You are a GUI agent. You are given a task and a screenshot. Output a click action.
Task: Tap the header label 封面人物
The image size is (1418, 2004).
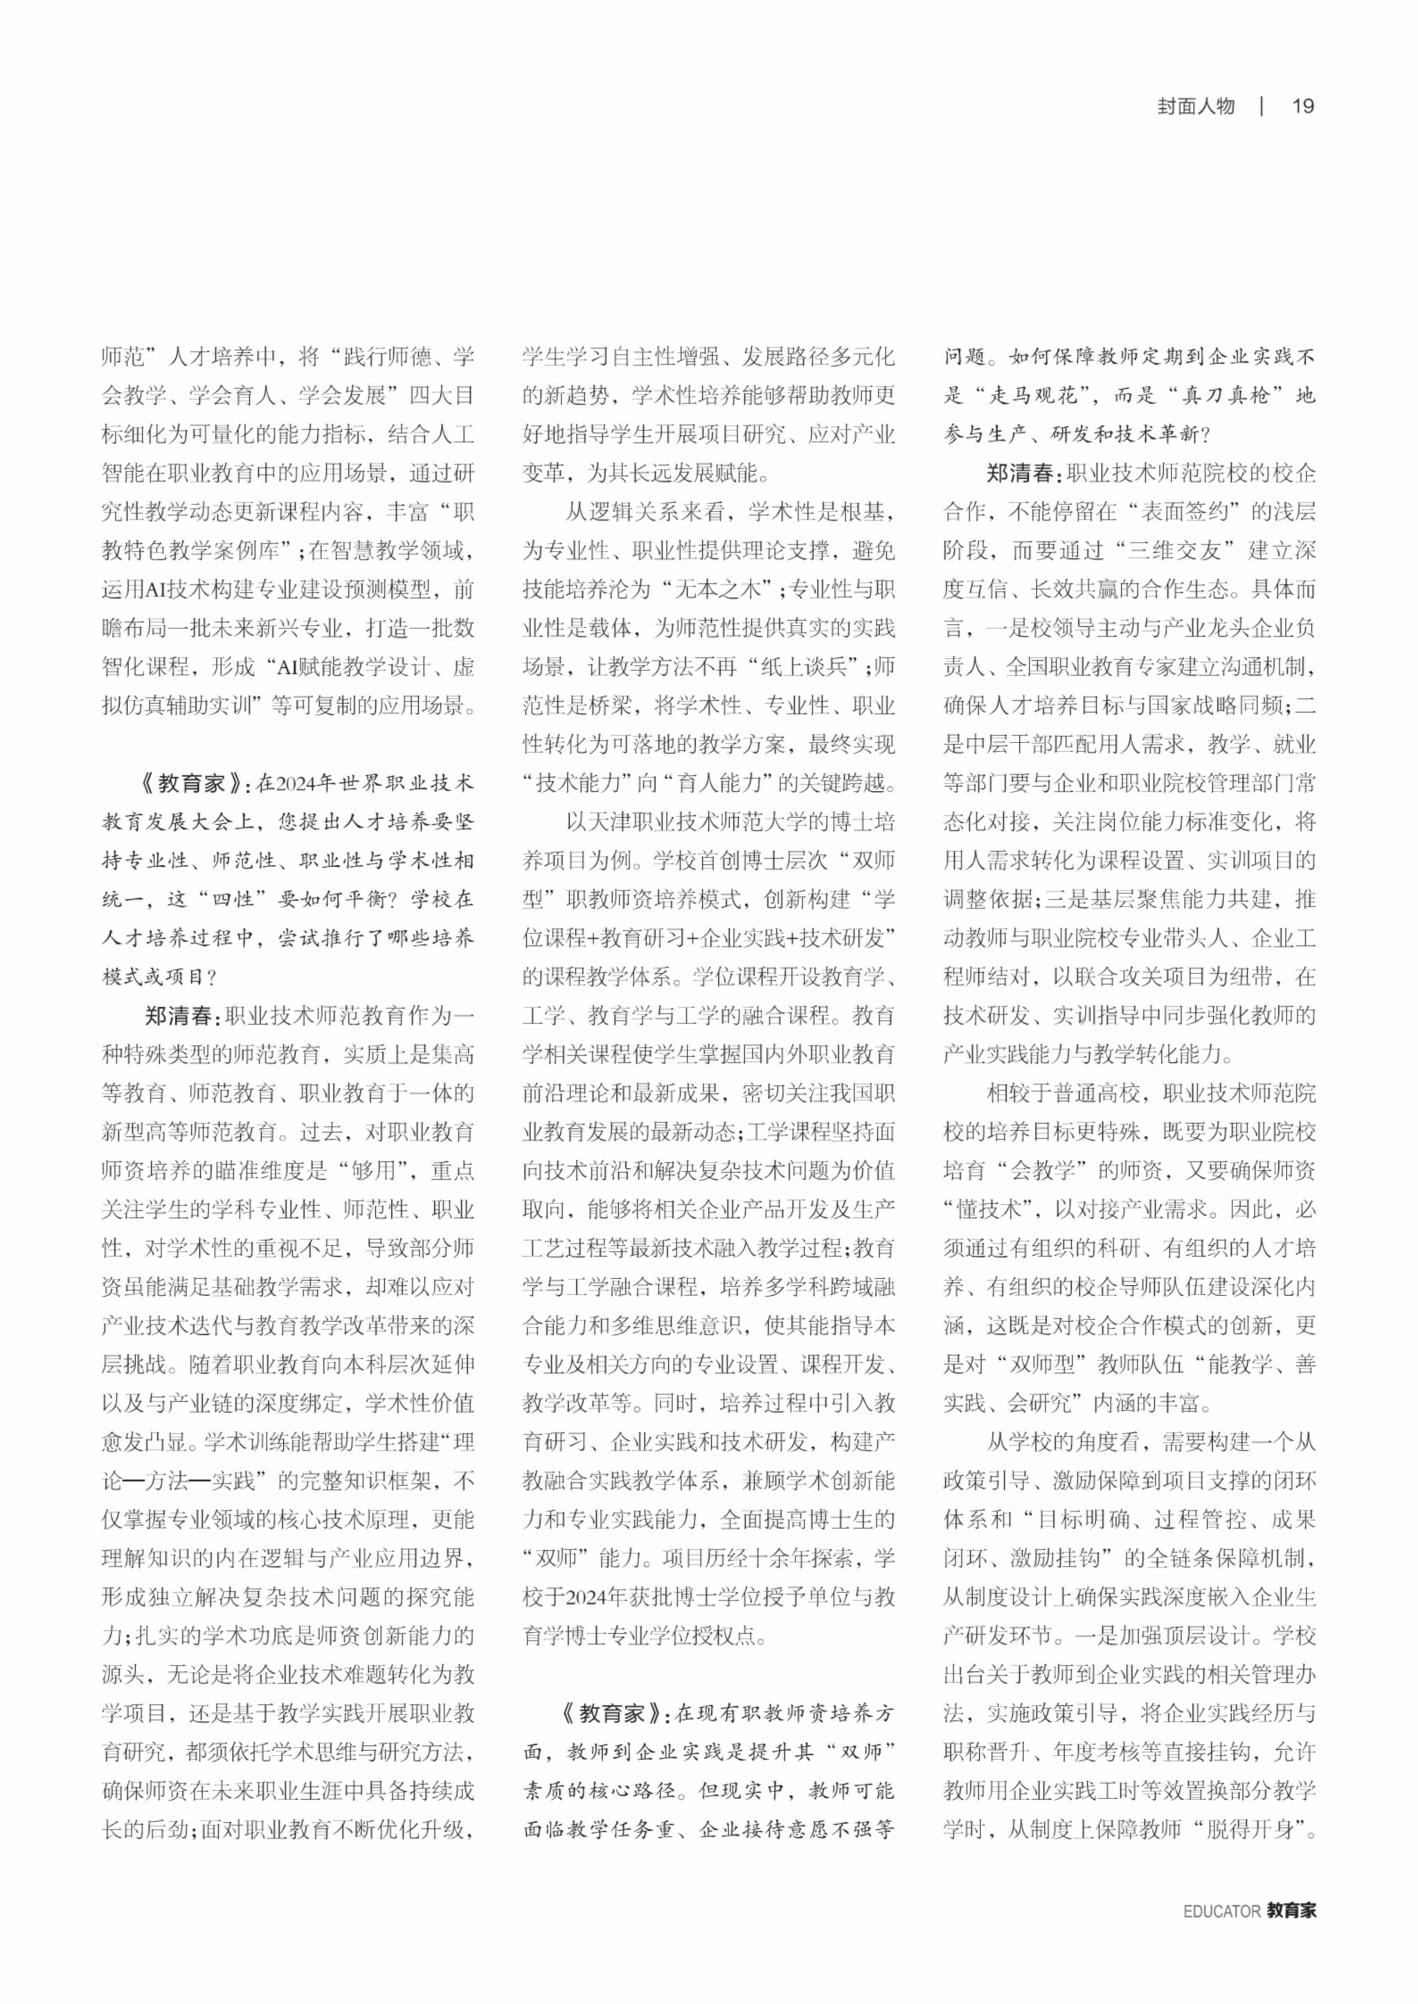[x=1196, y=107]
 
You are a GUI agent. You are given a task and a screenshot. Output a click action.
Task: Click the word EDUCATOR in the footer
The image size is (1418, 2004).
[x=1221, y=1911]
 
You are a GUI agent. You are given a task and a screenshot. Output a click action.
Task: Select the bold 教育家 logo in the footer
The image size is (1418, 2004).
[x=1291, y=1911]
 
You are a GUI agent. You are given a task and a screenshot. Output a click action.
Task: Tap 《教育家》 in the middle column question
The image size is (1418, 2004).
[x=611, y=1713]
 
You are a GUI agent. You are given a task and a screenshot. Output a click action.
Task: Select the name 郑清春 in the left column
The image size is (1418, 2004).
[x=179, y=1016]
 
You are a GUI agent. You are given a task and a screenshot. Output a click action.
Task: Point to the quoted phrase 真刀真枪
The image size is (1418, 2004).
[x=1225, y=395]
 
